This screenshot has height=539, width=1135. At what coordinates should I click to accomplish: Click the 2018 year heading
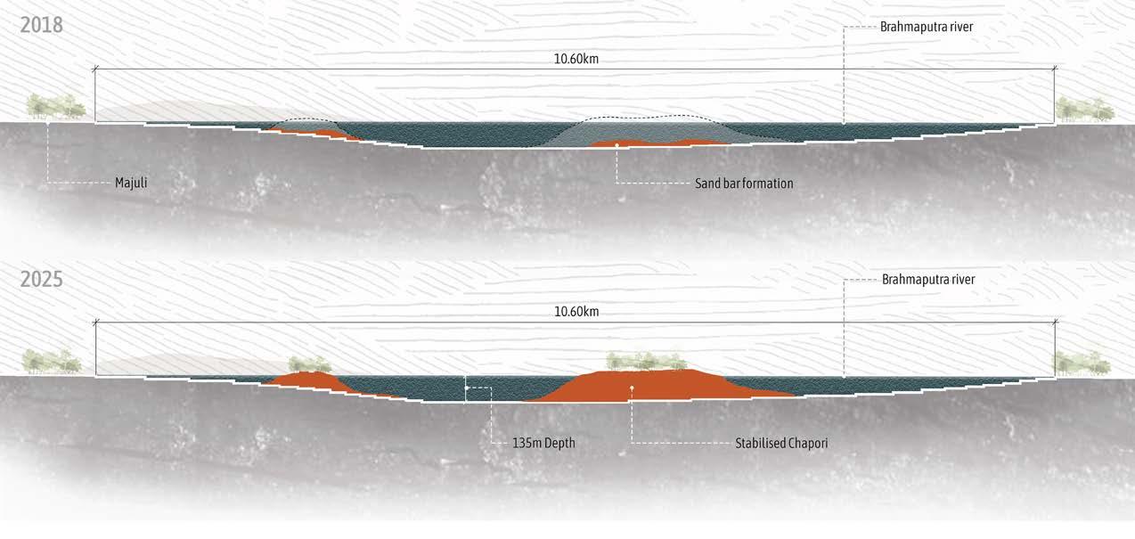pos(42,25)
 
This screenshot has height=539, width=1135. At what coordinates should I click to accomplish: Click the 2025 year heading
pos(42,279)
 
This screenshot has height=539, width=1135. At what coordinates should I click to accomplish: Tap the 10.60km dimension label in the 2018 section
pos(576,59)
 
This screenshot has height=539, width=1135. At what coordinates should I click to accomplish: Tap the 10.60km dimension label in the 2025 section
pos(576,312)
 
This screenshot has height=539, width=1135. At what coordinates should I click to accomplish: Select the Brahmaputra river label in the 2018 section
pos(927,27)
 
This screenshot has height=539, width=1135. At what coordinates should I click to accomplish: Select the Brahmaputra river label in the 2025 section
pos(928,280)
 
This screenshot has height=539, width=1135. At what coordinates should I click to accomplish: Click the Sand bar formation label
pos(744,184)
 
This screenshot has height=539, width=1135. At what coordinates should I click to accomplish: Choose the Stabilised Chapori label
pos(781,442)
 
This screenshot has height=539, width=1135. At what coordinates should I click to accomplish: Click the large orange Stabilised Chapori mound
pos(659,385)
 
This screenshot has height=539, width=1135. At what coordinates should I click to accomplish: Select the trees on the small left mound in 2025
pos(310,363)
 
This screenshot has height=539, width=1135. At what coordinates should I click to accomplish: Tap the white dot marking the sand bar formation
pos(616,144)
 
